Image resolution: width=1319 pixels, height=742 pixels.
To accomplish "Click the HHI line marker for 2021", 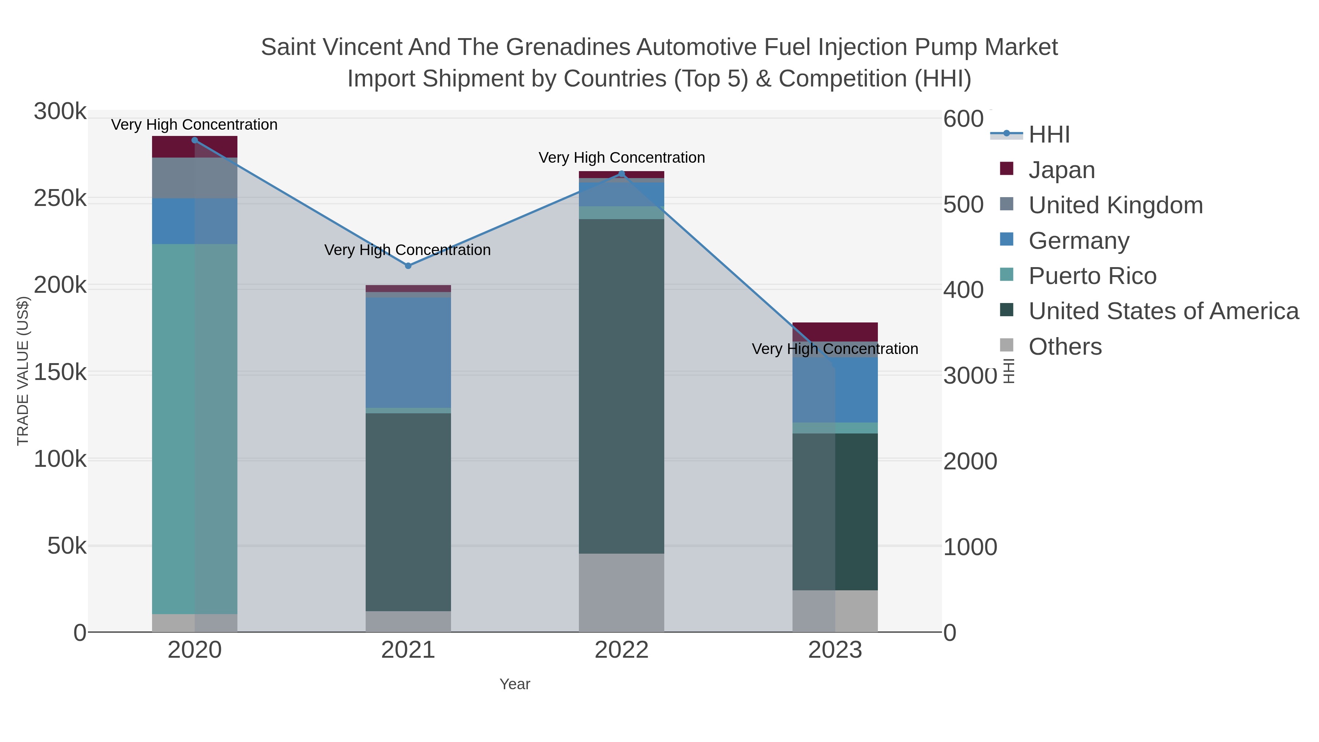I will coord(408,266).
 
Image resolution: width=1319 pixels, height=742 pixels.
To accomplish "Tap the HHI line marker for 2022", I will coord(622,174).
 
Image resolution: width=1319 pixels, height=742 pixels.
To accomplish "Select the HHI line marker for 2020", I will coord(195,140).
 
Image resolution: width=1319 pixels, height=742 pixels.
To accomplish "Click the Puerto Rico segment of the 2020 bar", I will coord(195,429).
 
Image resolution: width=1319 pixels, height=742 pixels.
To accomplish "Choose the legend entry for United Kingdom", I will coord(1115,205).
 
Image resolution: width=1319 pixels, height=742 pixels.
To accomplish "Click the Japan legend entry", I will coord(1061,170).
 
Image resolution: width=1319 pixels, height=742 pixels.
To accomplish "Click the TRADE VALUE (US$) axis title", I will coord(23,371).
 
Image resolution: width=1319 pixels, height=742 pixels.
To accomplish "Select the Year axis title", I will coord(515,684).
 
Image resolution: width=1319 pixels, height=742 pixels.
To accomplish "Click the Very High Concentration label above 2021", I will coord(407,250).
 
